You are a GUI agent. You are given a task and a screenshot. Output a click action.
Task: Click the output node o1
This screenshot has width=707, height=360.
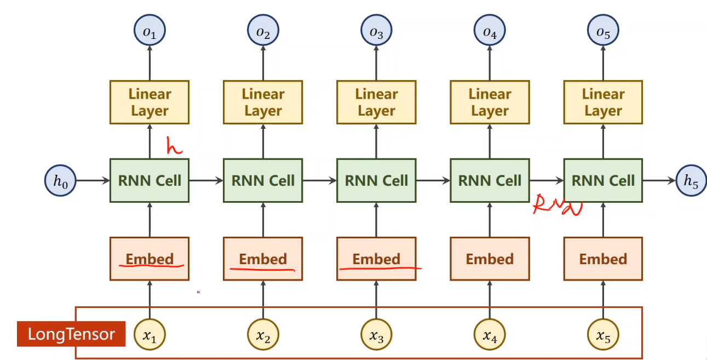point(150,32)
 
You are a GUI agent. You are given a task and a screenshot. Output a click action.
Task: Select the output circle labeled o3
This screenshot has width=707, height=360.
point(376,32)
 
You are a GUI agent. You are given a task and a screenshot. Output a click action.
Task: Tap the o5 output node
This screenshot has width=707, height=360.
point(603,32)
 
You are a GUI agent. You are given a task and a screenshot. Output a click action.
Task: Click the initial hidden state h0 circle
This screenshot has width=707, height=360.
point(60,180)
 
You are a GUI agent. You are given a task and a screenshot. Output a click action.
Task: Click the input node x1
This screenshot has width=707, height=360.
point(150,334)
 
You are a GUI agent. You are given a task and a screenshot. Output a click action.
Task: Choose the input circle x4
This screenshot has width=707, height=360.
point(490,334)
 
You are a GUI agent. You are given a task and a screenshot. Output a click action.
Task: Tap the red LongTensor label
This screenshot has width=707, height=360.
point(71,334)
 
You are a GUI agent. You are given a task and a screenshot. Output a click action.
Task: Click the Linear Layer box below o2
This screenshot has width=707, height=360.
point(263,102)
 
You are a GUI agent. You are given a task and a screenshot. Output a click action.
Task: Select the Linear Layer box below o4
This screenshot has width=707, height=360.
point(490,102)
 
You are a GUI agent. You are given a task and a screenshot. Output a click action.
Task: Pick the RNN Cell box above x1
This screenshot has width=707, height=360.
point(150,180)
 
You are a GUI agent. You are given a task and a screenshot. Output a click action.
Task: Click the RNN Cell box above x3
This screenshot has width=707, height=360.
point(376,180)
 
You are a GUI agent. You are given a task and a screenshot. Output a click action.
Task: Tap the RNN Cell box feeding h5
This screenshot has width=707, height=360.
point(603,180)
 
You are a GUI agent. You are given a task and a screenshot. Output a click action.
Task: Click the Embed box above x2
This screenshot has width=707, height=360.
point(263,259)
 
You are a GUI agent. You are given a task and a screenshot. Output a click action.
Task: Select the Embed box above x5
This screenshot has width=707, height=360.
point(603,259)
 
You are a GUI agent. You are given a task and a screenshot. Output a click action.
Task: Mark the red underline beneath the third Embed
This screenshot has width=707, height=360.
point(381,268)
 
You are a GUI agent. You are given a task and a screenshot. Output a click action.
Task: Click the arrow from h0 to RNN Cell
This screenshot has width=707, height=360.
point(93,180)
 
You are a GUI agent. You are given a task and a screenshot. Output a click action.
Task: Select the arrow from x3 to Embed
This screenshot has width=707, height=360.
point(376,300)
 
